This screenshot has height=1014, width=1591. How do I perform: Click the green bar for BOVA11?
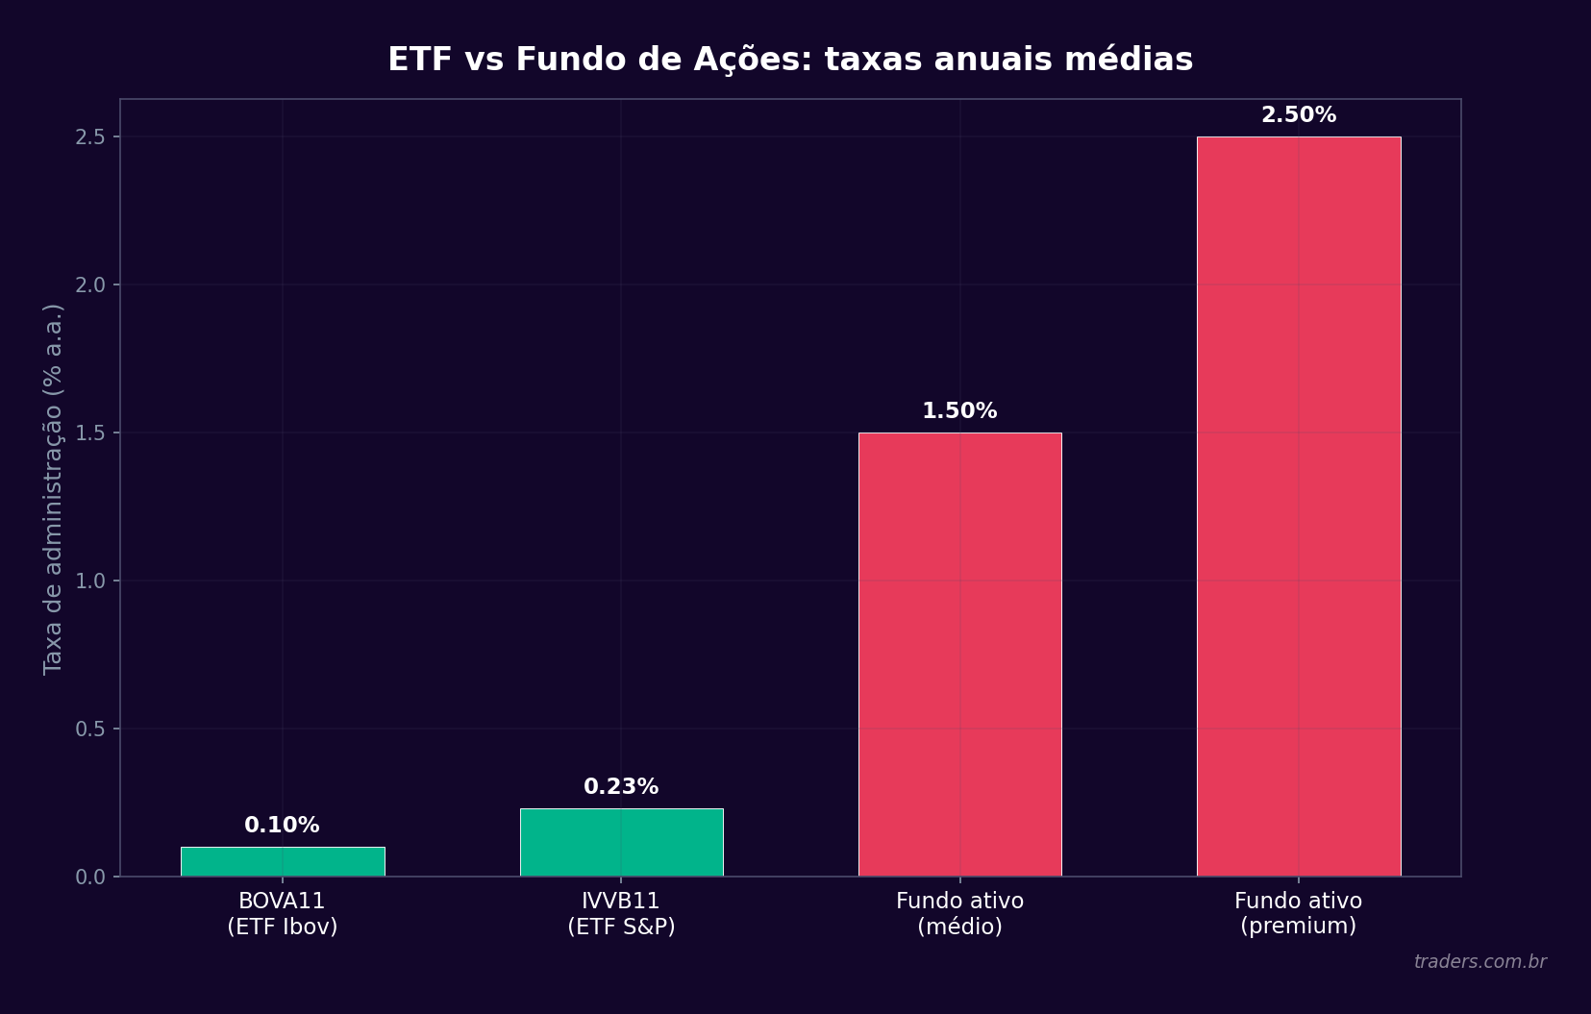point(283,861)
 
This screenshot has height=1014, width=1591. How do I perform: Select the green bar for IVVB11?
point(621,842)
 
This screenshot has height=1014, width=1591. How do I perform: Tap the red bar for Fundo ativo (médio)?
point(959,655)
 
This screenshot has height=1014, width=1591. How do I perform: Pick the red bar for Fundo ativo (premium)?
point(1298,507)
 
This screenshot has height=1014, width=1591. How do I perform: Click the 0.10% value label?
point(282,826)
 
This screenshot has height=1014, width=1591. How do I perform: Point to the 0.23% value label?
point(621,787)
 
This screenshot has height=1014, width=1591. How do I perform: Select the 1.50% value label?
point(959,411)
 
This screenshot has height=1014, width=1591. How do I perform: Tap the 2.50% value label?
point(1298,115)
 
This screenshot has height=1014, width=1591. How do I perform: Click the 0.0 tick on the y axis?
point(90,878)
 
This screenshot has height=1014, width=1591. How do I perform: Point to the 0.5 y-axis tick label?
point(90,730)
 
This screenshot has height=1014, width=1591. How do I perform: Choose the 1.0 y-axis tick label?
point(90,581)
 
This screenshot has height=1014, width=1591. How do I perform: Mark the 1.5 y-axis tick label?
point(90,433)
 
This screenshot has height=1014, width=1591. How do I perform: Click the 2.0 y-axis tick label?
point(90,285)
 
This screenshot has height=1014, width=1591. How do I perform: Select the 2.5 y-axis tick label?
point(90,137)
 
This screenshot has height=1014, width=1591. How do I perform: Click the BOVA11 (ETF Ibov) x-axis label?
point(282,914)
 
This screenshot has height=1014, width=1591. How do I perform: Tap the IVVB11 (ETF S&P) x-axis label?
point(621,914)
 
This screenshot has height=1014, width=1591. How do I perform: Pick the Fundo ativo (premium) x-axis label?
point(1298,914)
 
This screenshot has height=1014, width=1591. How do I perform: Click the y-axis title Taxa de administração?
point(54,488)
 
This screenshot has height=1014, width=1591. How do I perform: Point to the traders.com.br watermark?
point(1479,962)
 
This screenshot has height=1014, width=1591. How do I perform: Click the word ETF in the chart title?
point(419,60)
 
